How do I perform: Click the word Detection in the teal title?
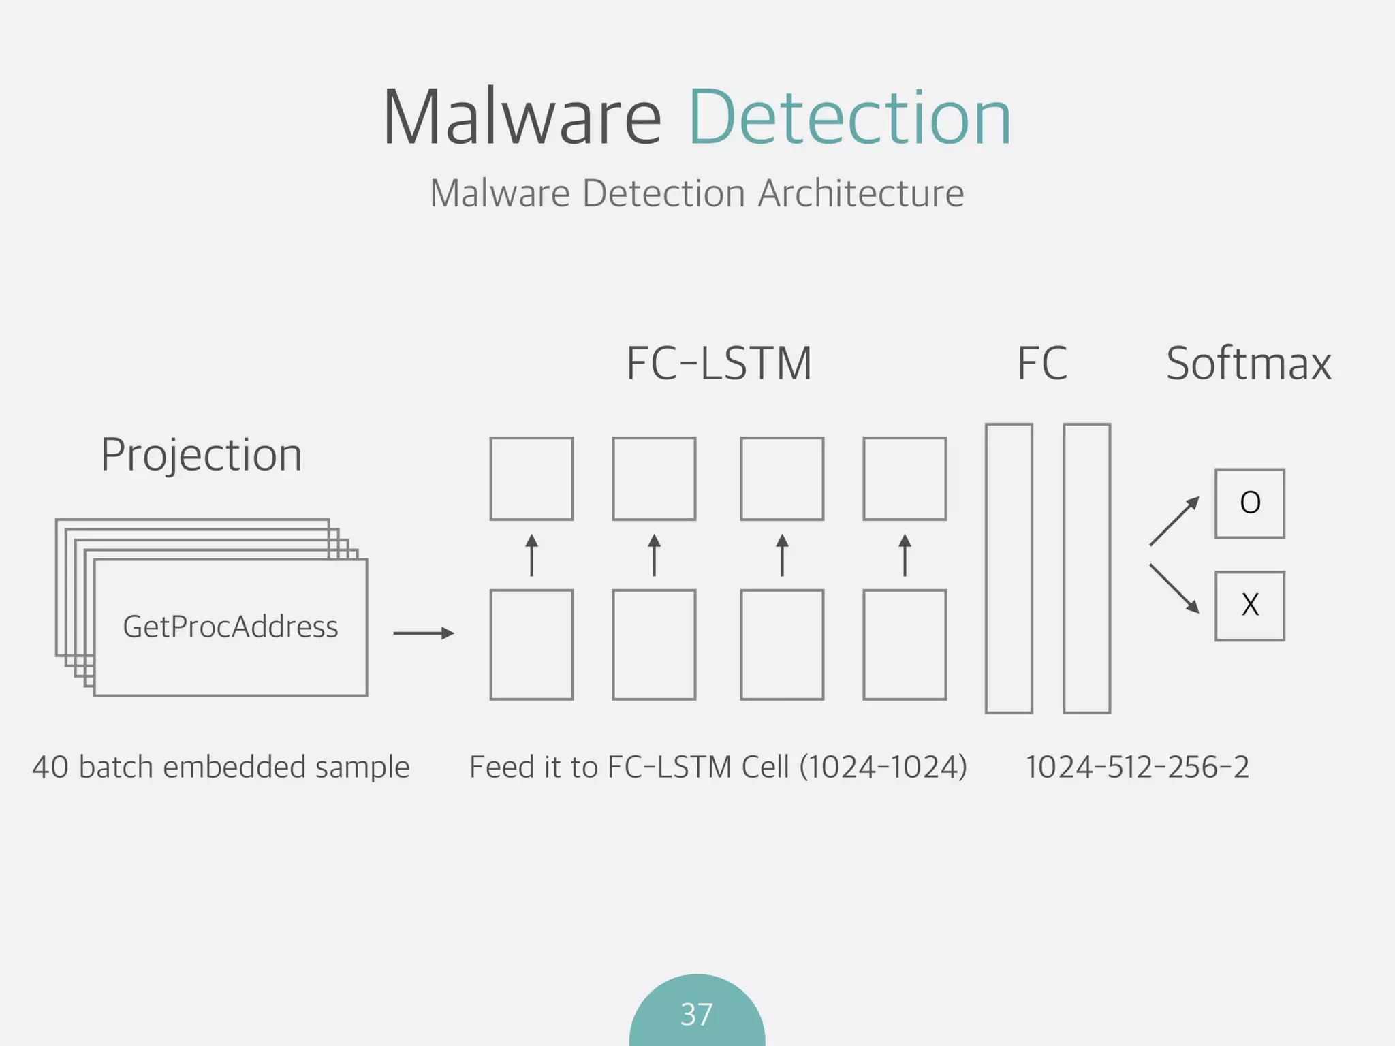[849, 119]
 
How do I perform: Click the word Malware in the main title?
[521, 119]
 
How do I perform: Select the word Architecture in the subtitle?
[861, 193]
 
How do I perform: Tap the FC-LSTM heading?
[719, 364]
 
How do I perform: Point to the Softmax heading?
[1248, 364]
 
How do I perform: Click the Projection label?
[201, 455]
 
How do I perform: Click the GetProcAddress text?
[230, 627]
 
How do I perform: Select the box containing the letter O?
[1249, 503]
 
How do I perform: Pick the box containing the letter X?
[1249, 605]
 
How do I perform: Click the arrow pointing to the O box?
[1174, 521]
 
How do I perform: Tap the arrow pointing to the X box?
[1174, 589]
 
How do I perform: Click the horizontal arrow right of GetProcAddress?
[423, 633]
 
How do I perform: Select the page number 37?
[696, 1015]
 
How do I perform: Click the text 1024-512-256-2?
[1137, 767]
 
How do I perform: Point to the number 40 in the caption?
[50, 767]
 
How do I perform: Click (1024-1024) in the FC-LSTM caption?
[883, 767]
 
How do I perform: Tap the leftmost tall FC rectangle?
[1009, 569]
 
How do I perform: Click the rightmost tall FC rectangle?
[1086, 569]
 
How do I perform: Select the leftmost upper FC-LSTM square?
[531, 479]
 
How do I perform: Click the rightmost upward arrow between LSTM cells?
[905, 555]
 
